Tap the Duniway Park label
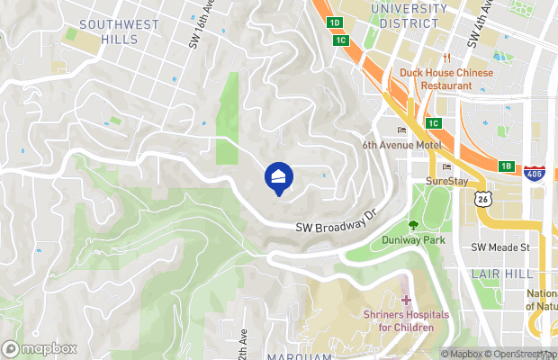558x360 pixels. click(x=414, y=241)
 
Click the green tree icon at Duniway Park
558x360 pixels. click(x=414, y=225)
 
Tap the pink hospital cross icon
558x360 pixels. click(x=405, y=299)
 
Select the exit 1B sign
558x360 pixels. click(x=507, y=166)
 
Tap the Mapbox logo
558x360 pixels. click(x=38, y=348)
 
